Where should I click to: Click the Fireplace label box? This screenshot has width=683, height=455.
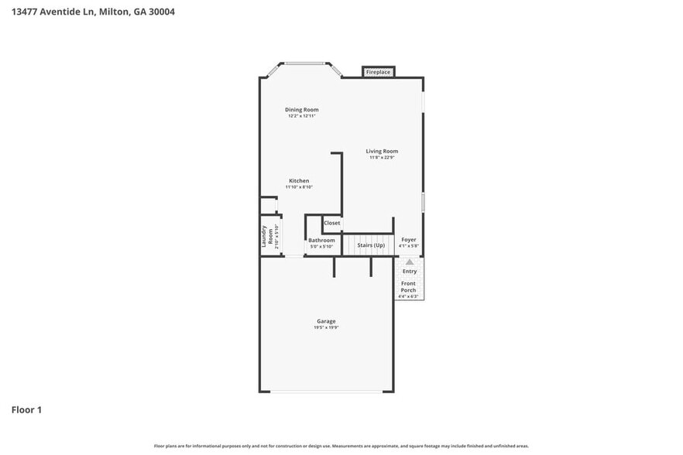(379, 72)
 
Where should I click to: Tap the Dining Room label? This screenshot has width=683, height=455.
(301, 110)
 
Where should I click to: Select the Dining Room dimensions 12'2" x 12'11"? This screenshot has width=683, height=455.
(301, 116)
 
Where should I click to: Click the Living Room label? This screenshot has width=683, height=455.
(382, 151)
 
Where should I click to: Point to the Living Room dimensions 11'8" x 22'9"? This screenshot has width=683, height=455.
(382, 157)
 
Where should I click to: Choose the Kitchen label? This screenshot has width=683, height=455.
(299, 181)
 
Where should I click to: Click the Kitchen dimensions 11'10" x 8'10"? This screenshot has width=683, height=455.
(299, 187)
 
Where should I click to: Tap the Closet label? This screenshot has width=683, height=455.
(331, 223)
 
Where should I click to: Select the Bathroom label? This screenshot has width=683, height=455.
(321, 240)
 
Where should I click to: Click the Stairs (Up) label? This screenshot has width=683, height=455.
(370, 245)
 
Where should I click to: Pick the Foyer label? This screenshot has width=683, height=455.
(408, 240)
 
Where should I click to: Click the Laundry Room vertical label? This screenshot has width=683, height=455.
(266, 235)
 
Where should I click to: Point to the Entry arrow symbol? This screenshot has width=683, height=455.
(410, 262)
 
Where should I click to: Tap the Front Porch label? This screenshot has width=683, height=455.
(408, 287)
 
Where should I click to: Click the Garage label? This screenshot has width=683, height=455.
(326, 321)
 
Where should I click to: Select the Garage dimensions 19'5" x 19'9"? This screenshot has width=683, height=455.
(326, 327)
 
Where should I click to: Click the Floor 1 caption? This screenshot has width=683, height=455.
(26, 409)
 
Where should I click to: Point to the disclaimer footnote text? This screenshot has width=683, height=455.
(341, 446)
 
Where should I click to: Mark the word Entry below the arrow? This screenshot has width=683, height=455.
(410, 272)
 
